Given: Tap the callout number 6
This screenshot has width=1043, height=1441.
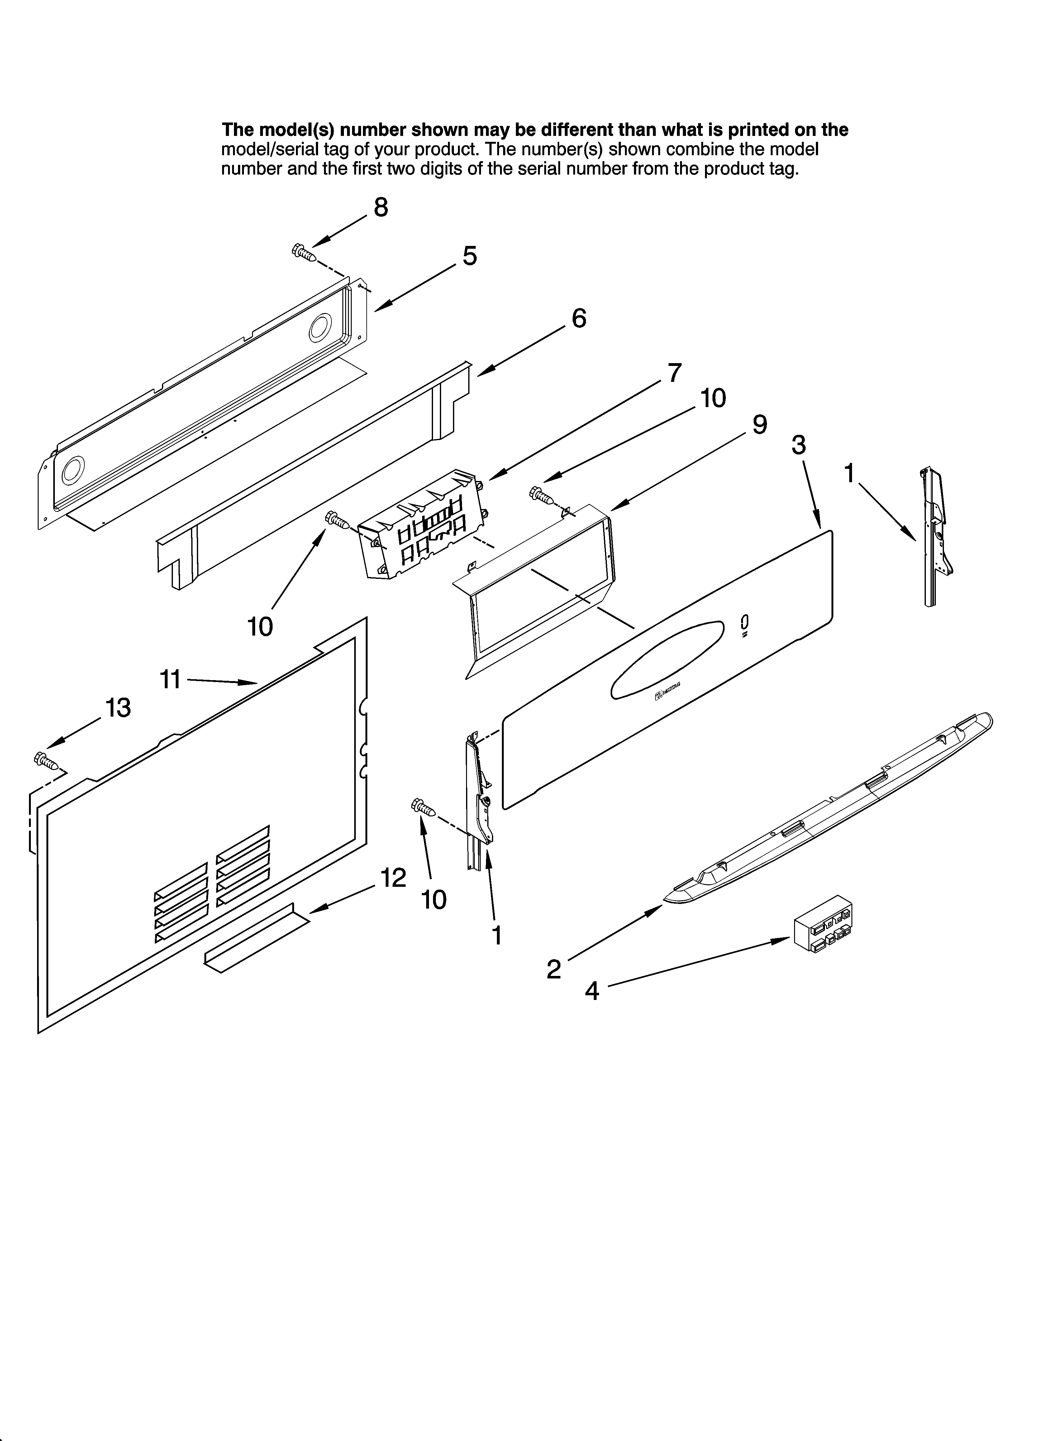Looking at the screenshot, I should pos(579,318).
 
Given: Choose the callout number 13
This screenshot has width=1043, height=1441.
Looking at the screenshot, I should pos(118,707).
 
